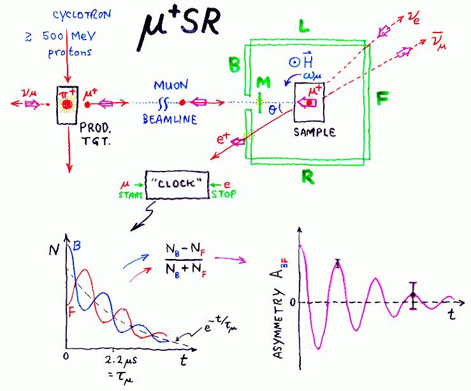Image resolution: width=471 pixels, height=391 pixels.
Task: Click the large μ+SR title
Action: (180, 28)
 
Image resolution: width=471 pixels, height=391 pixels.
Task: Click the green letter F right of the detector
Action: (382, 100)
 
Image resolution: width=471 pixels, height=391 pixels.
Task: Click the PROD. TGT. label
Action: (94, 135)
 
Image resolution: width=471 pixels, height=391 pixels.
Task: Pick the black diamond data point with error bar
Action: (413, 295)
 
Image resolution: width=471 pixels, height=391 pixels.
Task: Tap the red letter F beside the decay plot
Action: (71, 311)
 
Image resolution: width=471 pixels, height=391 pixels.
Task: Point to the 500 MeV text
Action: (61, 37)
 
